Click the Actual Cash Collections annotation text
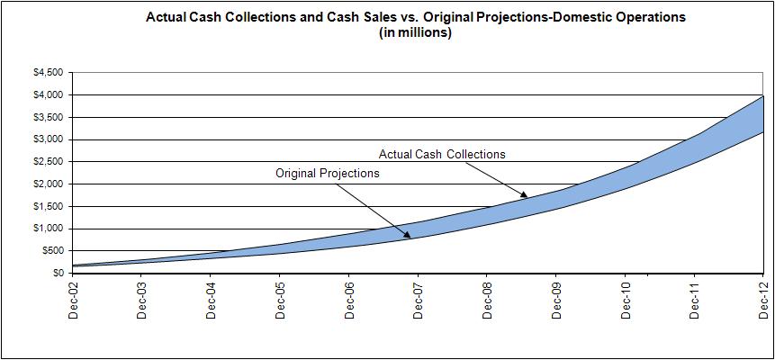click(x=442, y=154)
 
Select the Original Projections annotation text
click(x=328, y=173)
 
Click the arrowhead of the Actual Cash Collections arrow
click(x=527, y=194)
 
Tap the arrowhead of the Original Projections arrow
click(x=412, y=237)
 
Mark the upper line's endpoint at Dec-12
click(x=763, y=95)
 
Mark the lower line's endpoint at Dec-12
click(x=763, y=132)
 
